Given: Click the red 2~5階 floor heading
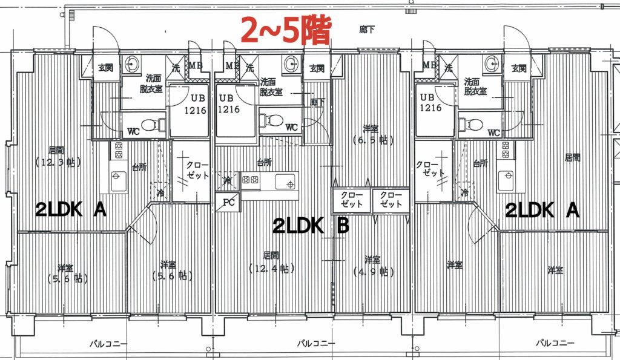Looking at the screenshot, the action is tap(286, 30).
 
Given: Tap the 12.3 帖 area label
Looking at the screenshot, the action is tap(58, 162).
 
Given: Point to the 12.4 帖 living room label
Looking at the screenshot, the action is tap(272, 269).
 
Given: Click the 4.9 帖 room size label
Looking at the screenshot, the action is tap(372, 272).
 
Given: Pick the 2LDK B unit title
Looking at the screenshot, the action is tap(311, 226).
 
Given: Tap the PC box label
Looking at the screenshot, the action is tap(228, 202).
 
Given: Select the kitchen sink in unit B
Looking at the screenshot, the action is tap(286, 182).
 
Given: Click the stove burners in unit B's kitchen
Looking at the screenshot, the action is tap(250, 180).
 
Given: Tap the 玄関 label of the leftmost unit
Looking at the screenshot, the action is tap(105, 68).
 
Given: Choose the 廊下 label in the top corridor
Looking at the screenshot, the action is tap(366, 29).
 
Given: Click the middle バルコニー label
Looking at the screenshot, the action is tap(316, 343).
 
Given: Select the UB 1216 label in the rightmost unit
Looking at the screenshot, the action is tap(430, 102).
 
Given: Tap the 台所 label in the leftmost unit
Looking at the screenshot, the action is tap(140, 167).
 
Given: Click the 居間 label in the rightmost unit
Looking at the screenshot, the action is tap(572, 158).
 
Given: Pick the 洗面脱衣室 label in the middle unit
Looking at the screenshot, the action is tap(271, 87).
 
